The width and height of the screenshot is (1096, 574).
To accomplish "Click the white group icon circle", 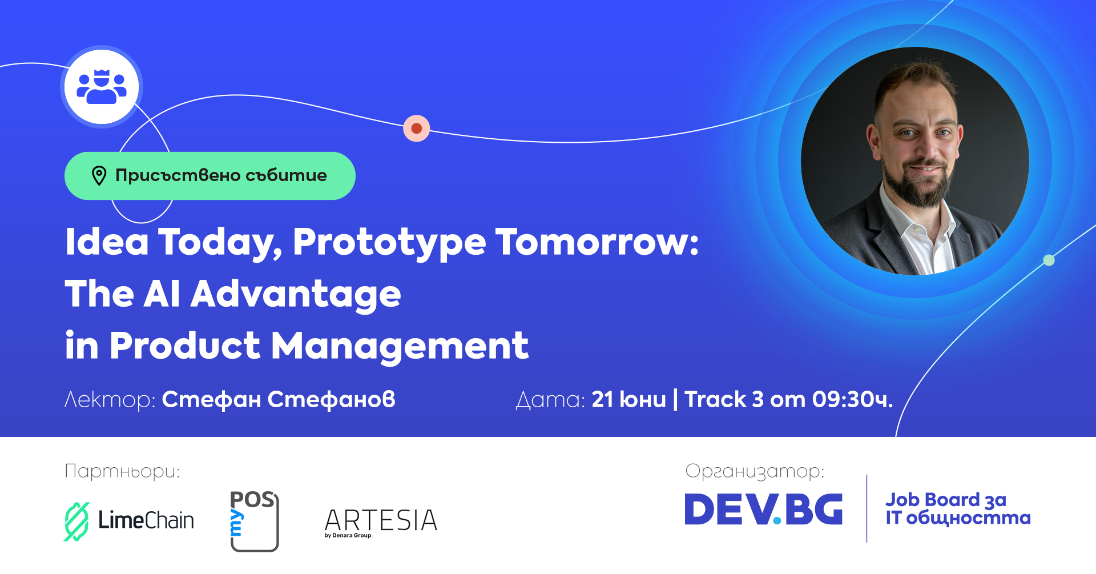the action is point(102,87).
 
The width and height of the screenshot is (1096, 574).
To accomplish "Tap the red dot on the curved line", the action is point(417,129).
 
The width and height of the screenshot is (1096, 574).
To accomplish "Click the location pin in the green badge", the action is point(99,176).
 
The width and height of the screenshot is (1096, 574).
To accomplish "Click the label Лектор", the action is point(110,400).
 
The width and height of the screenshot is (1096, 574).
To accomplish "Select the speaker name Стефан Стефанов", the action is point(279,400).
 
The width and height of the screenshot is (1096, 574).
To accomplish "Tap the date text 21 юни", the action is point(628,400).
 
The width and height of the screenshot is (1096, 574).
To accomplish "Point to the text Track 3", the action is point(724,400).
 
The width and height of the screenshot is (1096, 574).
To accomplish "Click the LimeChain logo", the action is point(129,521).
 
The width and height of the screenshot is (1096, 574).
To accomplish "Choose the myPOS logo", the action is point(253,521).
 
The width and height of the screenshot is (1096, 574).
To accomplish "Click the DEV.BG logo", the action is point(764,509).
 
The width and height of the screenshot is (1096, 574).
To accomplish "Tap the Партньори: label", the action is point(122,472).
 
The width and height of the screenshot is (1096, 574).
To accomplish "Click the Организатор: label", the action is point(755,472).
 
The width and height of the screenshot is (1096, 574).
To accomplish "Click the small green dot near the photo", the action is point(1049,260).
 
